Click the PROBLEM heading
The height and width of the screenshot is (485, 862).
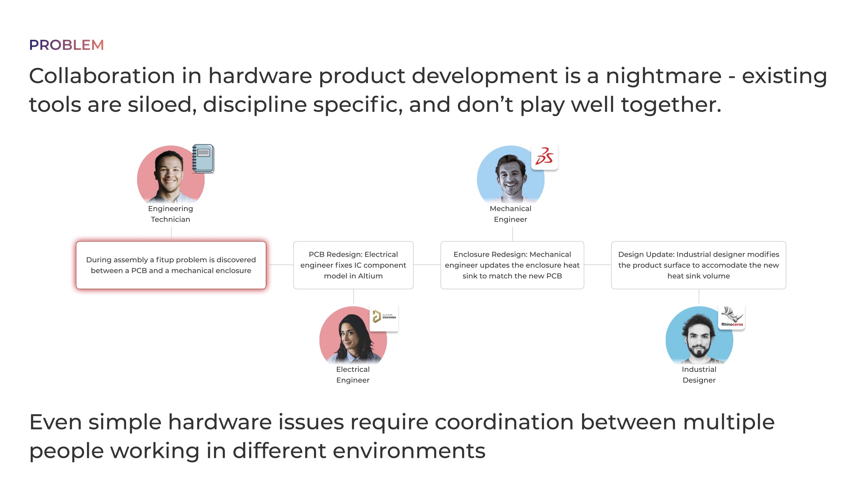click(x=67, y=45)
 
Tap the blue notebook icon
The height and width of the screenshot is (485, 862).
click(x=203, y=158)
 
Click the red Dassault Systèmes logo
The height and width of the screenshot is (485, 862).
click(x=544, y=157)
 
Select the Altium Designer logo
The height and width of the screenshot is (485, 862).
click(x=384, y=317)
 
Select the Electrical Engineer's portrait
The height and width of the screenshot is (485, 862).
click(x=353, y=335)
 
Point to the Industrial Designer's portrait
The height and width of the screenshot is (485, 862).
click(x=699, y=335)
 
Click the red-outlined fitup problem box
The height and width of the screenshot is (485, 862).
click(x=171, y=265)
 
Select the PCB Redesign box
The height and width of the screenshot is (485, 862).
click(x=353, y=265)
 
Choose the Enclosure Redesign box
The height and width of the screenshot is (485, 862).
click(x=512, y=265)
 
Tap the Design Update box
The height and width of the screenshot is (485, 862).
click(x=699, y=265)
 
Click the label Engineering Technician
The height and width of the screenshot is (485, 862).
click(x=171, y=214)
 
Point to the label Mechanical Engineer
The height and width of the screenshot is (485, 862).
click(x=511, y=214)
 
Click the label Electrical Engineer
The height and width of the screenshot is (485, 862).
click(x=353, y=374)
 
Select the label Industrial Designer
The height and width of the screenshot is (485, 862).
click(x=699, y=374)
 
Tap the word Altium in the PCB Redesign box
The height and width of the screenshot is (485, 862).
click(x=370, y=276)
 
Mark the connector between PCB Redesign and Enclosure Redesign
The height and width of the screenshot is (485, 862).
click(x=427, y=265)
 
